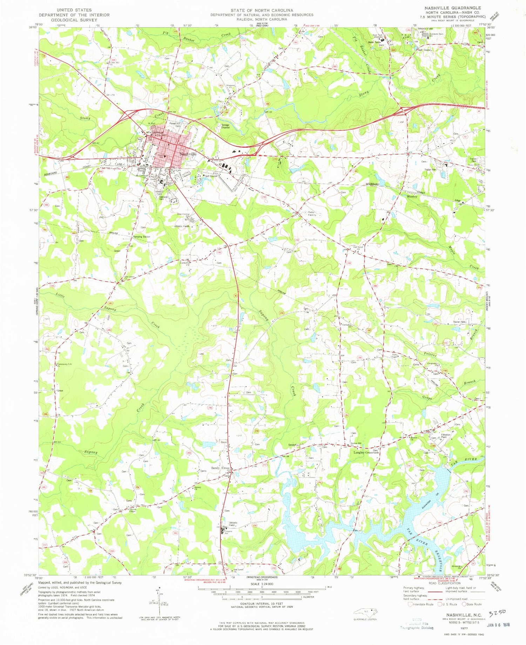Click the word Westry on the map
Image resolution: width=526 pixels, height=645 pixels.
coord(412,196)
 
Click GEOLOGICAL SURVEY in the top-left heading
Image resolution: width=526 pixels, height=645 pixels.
coord(74,20)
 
